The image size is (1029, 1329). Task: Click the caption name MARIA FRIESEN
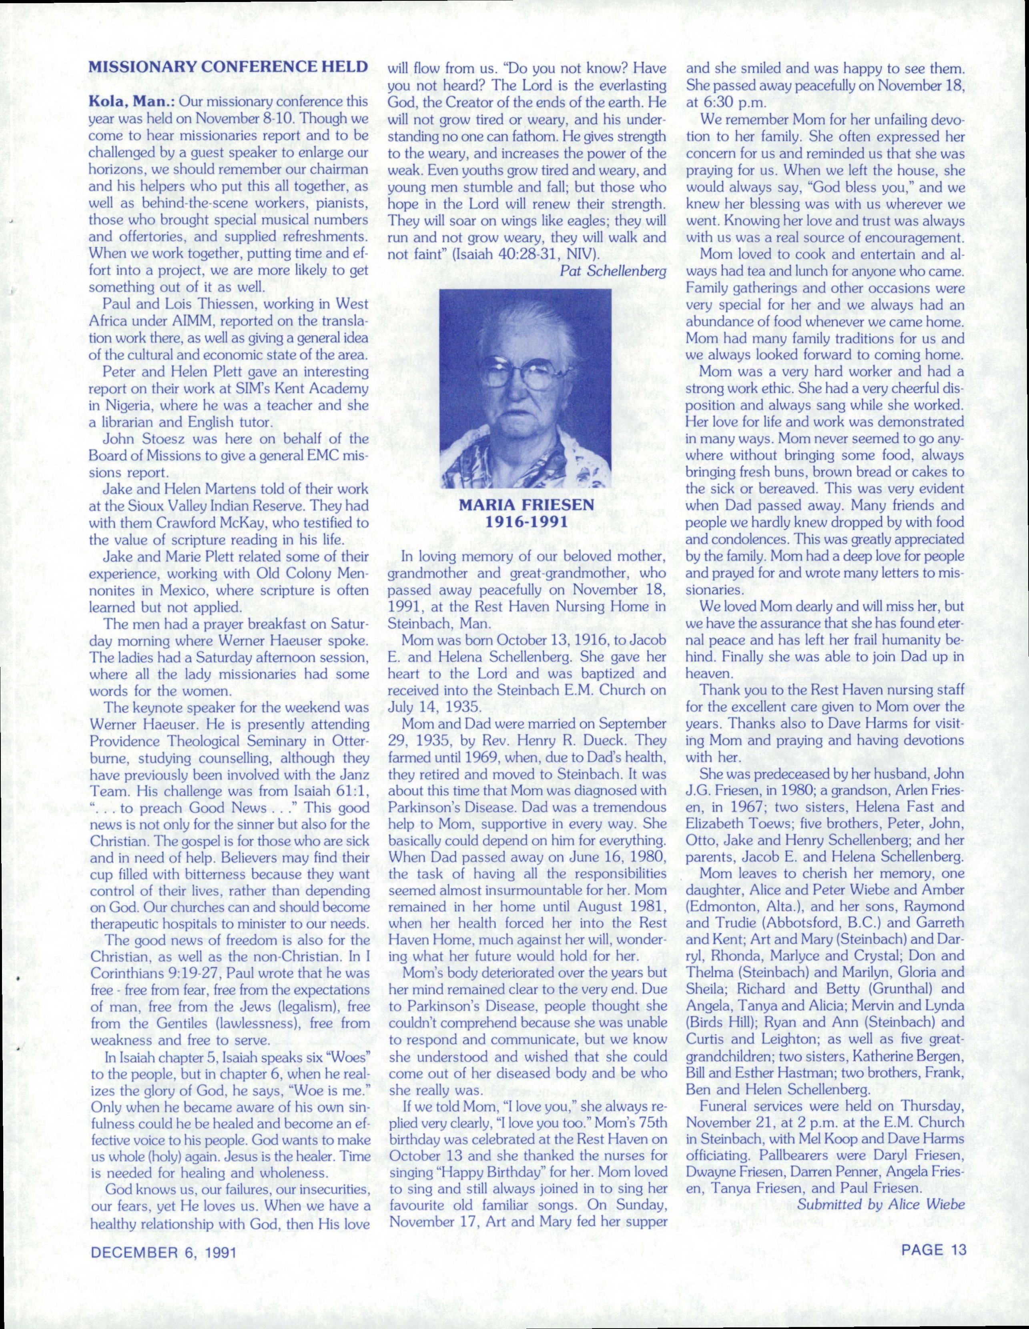525,506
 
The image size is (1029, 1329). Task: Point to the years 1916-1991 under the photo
525,522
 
